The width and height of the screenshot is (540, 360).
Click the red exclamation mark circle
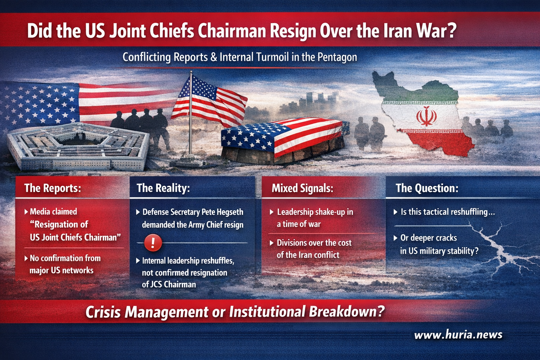[153, 243]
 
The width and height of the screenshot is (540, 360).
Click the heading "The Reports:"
[52, 188]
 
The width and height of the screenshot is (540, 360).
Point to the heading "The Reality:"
[163, 188]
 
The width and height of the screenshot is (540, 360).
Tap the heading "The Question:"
[427, 188]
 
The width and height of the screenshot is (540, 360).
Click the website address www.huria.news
[458, 335]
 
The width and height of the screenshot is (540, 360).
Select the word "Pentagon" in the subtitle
[337, 57]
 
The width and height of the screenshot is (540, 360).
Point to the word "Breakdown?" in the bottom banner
[347, 311]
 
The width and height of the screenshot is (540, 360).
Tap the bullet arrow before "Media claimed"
[26, 212]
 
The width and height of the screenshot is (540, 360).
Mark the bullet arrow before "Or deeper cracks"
[396, 238]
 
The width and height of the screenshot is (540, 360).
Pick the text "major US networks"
[62, 271]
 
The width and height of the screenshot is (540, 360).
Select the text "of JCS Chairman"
[169, 284]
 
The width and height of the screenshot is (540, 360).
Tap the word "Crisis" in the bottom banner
[103, 312]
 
